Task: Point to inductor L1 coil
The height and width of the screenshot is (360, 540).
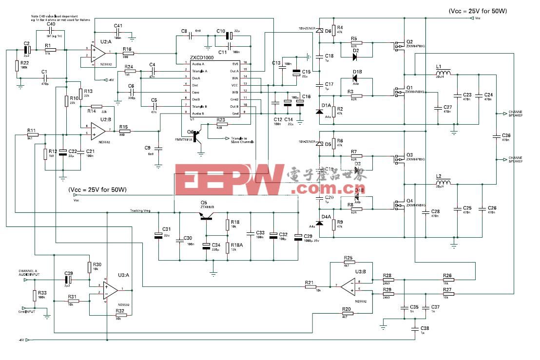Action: click(x=444, y=74)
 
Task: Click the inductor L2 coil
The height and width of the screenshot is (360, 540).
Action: click(x=444, y=184)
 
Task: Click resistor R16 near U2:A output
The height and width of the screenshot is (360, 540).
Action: click(x=129, y=53)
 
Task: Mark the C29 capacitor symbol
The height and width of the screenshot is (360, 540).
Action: click(x=298, y=237)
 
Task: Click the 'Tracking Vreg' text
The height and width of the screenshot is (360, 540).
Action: click(x=140, y=211)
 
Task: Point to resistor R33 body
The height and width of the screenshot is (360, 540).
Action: click(x=35, y=296)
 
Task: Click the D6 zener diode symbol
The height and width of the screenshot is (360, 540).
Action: click(x=320, y=31)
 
